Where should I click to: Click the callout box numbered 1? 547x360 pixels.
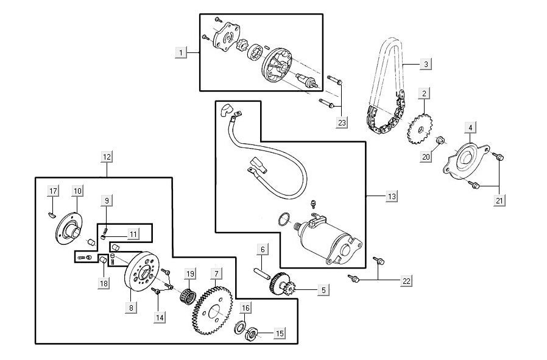[x=181, y=52]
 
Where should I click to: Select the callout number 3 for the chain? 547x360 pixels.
[x=426, y=64]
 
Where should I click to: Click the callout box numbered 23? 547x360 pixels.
[x=342, y=122]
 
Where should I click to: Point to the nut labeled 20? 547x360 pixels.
[x=441, y=140]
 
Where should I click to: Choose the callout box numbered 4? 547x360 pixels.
[x=470, y=128]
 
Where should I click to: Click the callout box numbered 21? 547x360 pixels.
[x=499, y=200]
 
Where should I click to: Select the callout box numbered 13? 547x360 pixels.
[x=392, y=196]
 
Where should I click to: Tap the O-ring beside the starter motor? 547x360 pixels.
[x=284, y=219]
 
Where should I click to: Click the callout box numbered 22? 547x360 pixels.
[x=406, y=281]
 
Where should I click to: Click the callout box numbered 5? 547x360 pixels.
[x=323, y=290]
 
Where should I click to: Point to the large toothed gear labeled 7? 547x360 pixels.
[x=212, y=311]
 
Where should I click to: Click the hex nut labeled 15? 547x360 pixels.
[x=251, y=334]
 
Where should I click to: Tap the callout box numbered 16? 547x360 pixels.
[x=245, y=308]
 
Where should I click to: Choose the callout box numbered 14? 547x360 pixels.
[x=160, y=317]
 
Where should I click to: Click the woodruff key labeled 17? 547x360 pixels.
[x=51, y=215]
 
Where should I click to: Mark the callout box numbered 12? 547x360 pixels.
[x=107, y=157]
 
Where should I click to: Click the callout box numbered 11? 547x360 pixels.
[x=133, y=234]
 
